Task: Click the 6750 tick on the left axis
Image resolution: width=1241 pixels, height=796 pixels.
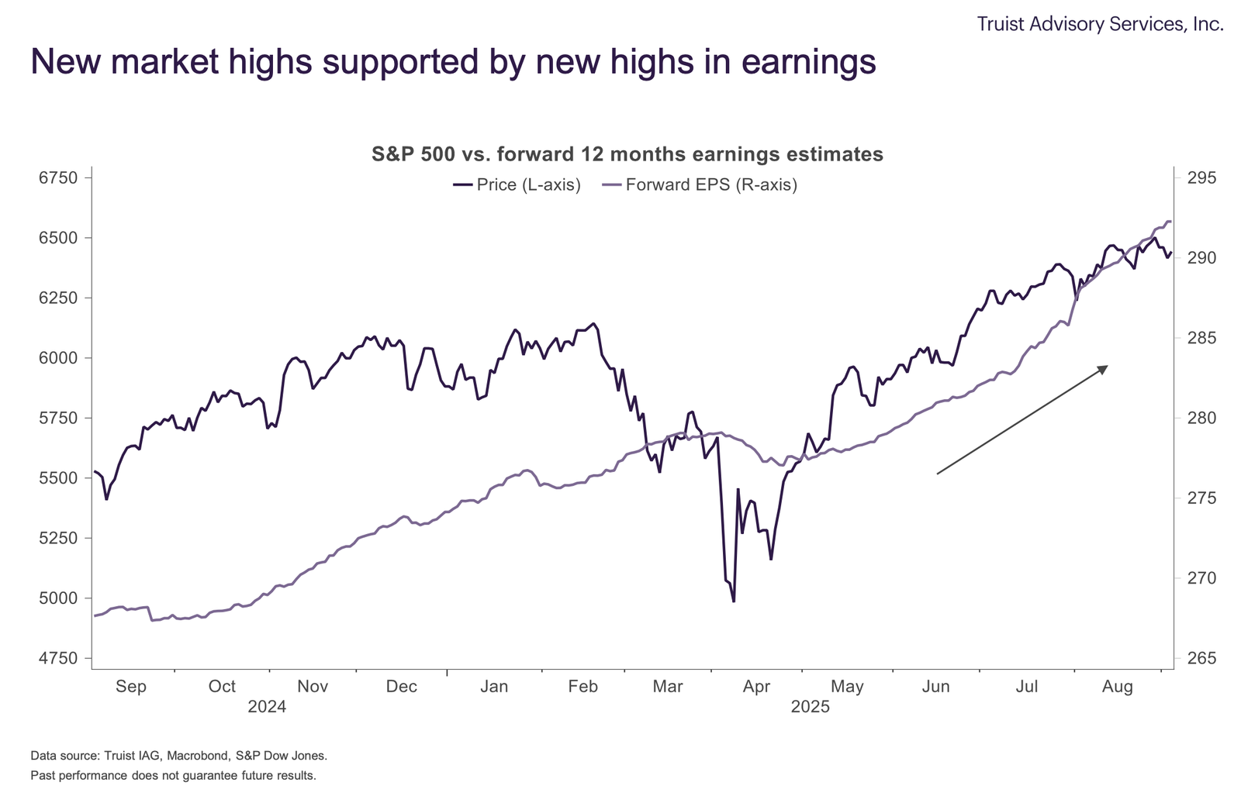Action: point(58,178)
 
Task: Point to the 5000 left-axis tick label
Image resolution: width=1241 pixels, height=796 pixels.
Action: point(58,598)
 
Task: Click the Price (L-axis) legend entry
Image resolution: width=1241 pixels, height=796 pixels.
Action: point(517,185)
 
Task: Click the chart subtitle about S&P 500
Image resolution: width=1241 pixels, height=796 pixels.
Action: point(627,154)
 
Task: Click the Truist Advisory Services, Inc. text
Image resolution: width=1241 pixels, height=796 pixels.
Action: point(1100,24)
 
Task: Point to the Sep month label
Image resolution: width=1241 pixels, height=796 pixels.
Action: point(130,687)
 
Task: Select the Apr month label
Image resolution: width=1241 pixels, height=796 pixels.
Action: point(756,687)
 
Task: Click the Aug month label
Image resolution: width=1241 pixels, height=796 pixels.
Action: point(1118,687)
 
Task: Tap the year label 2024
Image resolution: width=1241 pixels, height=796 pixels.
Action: point(267,707)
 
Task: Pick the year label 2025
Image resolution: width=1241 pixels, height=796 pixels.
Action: point(811,707)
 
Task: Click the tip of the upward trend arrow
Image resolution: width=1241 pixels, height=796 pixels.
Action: point(1107,366)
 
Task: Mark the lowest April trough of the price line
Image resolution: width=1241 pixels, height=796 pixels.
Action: point(733,601)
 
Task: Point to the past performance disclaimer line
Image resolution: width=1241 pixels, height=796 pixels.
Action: point(173,775)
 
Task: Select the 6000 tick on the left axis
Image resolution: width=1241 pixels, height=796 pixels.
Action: point(58,358)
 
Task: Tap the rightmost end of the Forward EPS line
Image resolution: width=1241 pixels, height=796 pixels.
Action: point(1170,222)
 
